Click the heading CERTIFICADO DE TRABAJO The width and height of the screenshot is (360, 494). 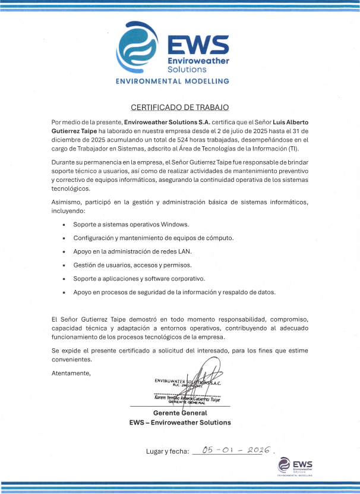point(179,108)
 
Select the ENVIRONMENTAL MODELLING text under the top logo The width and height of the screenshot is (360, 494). point(172,81)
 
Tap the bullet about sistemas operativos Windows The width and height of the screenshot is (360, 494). point(131,225)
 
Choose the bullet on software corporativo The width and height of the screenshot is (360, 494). point(138,279)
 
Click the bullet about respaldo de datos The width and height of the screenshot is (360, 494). point(174,292)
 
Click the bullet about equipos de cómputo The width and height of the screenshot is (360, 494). point(153,238)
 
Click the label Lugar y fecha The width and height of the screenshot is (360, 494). point(167,451)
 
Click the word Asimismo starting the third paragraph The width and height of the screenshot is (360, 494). point(67,203)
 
